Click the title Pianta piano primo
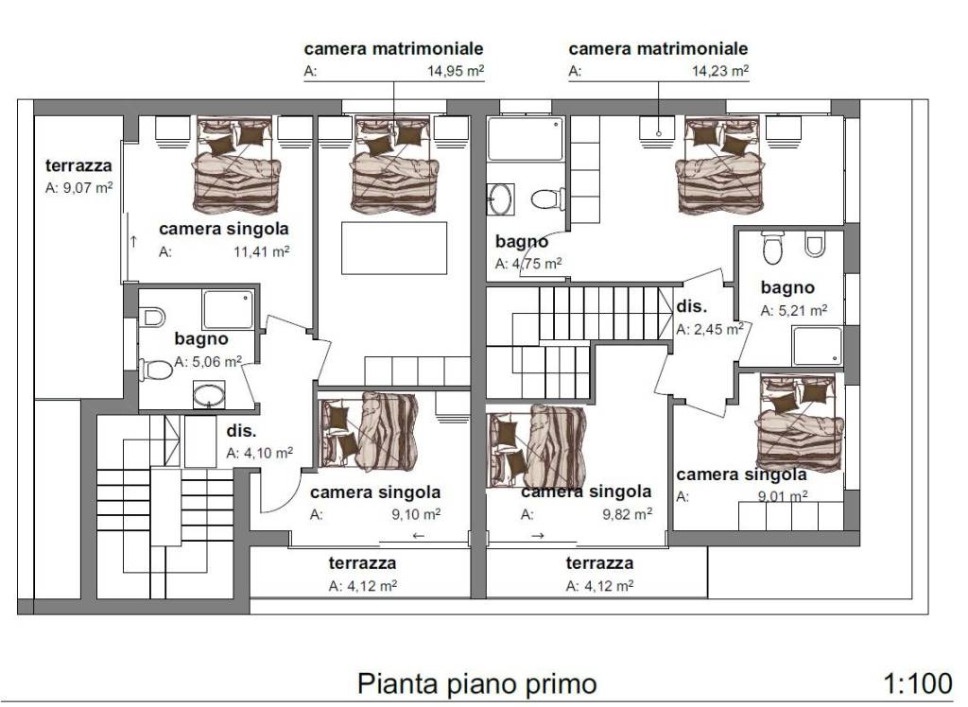pos(476,683)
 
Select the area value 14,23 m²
pos(720,71)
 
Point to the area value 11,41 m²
pos(261,251)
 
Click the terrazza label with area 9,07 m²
pos(78,166)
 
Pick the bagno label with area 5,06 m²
pos(200,338)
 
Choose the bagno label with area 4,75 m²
pos(522,242)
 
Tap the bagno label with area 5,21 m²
pos(787,287)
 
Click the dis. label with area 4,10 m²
pos(241,429)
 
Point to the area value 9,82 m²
pos(625,514)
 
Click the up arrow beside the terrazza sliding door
pos(133,241)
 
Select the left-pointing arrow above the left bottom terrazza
pos(419,536)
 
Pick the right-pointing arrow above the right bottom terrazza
pos(538,536)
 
